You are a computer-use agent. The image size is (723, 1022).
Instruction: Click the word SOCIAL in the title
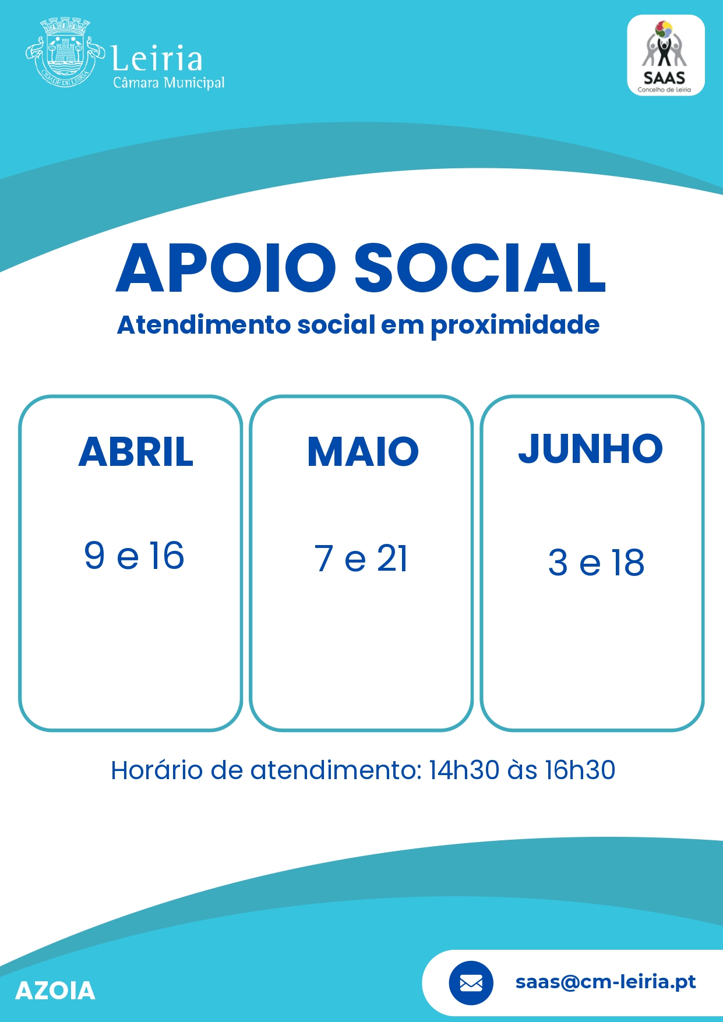(x=481, y=268)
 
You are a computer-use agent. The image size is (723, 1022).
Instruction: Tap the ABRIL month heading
(x=136, y=452)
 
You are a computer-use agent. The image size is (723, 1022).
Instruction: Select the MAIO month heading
(x=363, y=452)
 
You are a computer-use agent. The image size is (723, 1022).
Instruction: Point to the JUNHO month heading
(x=591, y=449)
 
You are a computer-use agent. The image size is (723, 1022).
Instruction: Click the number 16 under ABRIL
(x=167, y=555)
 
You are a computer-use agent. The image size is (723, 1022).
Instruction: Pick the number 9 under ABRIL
(x=94, y=555)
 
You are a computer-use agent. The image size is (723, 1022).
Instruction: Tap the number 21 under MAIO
(x=392, y=558)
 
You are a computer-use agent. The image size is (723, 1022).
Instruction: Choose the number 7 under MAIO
(x=324, y=558)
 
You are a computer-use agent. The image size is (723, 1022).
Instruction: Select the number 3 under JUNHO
(x=558, y=563)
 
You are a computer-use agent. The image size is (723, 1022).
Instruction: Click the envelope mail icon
(x=471, y=983)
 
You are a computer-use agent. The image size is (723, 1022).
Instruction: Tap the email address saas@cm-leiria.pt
(x=606, y=982)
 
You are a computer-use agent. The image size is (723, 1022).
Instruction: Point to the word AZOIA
(x=55, y=991)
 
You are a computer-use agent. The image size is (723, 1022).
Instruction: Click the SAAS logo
(x=665, y=55)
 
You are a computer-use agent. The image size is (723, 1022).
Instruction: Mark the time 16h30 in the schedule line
(x=580, y=770)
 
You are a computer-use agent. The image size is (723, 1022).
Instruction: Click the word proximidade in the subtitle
(x=515, y=326)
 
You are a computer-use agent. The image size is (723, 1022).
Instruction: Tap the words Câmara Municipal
(x=169, y=83)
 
